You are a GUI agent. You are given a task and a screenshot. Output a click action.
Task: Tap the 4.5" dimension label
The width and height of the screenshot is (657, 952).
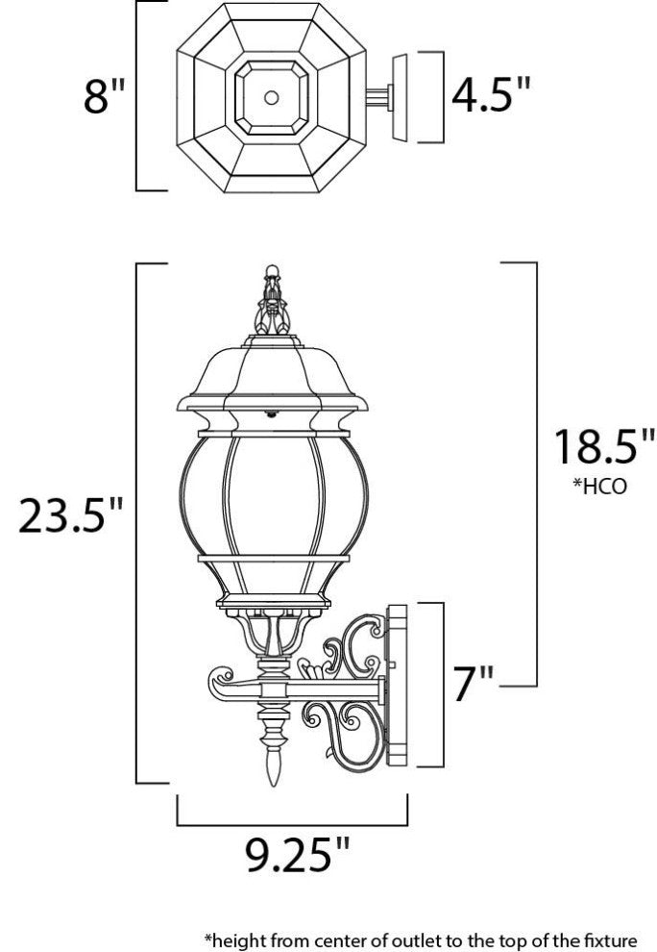point(491,95)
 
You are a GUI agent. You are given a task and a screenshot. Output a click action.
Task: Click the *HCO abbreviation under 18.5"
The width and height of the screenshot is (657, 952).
point(600,486)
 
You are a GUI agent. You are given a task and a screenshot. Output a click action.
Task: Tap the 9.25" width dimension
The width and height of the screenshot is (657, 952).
point(292,853)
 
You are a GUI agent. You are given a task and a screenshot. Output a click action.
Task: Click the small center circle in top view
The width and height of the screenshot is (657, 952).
point(272,97)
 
